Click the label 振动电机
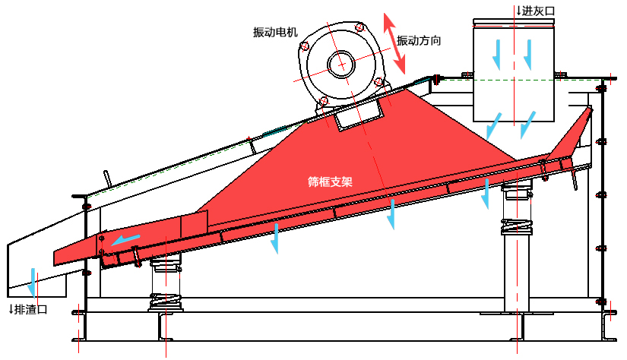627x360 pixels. click(x=276, y=33)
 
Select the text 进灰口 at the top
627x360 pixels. click(x=539, y=11)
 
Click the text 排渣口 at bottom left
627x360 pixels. click(x=31, y=309)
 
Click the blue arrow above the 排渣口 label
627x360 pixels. click(x=33, y=280)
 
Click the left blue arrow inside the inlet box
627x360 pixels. click(x=498, y=51)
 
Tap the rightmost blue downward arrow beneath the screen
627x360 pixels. click(x=486, y=194)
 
